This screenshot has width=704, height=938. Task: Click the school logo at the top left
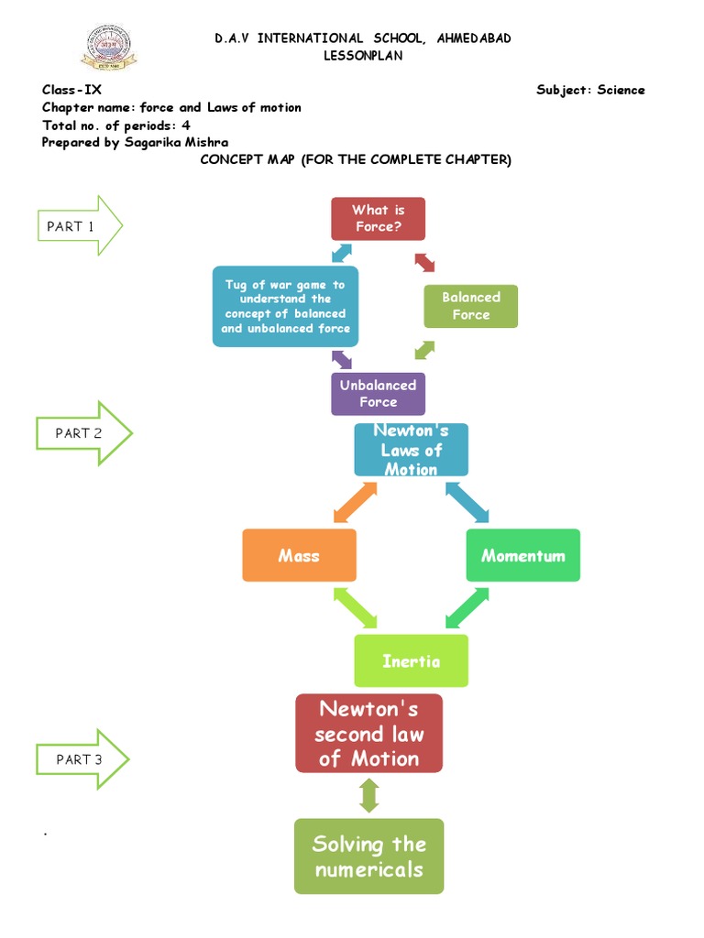[108, 48]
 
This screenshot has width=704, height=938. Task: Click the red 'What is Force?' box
[378, 218]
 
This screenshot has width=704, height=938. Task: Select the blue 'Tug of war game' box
[285, 307]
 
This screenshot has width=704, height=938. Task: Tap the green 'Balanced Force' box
[470, 306]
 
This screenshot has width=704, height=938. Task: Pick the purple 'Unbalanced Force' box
[378, 394]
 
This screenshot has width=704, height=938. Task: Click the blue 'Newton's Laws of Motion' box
[411, 450]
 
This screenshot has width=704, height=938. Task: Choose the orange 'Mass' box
[299, 555]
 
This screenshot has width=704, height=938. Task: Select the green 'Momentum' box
[522, 555]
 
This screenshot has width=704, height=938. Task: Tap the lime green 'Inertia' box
[411, 660]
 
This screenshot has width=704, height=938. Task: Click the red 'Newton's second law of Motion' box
[368, 733]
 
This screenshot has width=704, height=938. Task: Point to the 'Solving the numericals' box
[368, 856]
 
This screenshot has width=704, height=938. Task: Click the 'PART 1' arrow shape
[79, 225]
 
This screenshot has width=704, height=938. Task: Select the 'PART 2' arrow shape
[83, 433]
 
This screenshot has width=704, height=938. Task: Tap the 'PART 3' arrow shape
[82, 758]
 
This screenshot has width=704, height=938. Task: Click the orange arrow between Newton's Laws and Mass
[355, 502]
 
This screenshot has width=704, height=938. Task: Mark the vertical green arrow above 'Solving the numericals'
[368, 795]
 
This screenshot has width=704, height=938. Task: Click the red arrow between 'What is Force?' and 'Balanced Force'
[423, 262]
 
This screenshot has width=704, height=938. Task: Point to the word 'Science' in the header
[621, 90]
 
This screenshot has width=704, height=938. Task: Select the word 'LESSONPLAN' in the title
[363, 56]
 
